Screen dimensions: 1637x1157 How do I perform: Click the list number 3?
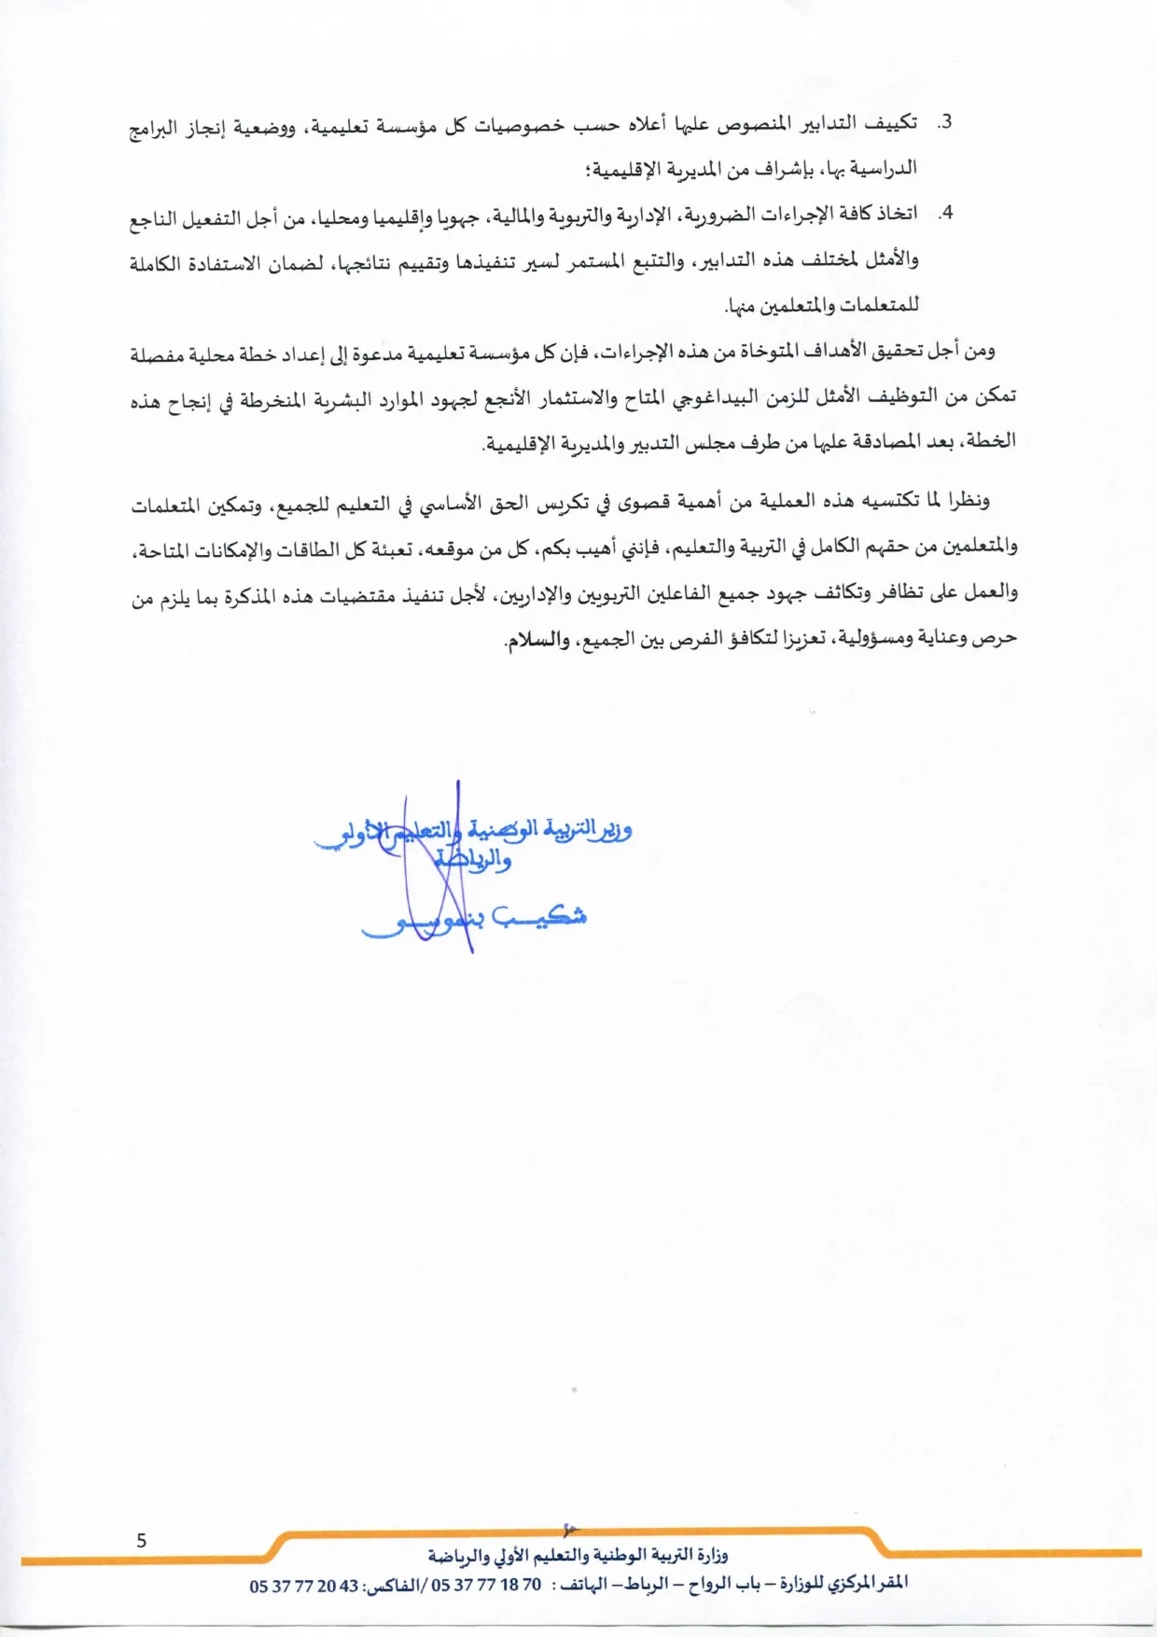(945, 123)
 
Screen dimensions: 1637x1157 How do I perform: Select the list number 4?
(945, 214)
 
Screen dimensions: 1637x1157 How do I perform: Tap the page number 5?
(142, 1540)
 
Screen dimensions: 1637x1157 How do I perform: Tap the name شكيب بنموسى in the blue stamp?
(476, 919)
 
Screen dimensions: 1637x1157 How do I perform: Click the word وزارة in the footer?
(712, 1555)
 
